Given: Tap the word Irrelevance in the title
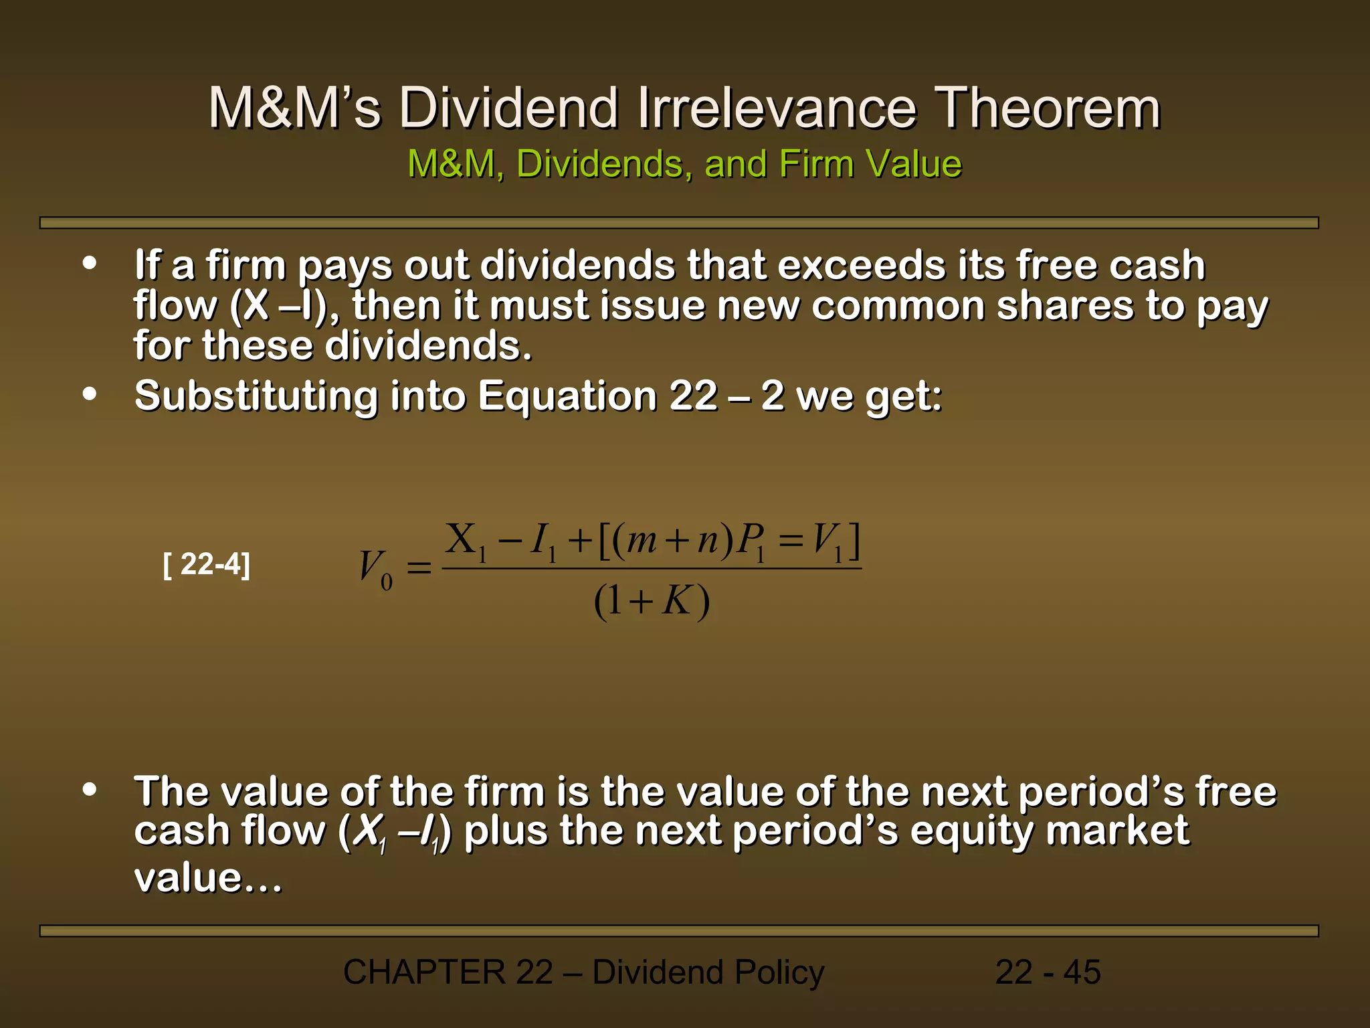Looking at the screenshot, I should tap(776, 108).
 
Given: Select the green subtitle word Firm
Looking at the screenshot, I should tap(815, 164).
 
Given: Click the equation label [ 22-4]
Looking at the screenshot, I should tap(207, 565).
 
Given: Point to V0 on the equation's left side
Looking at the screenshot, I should tap(375, 569).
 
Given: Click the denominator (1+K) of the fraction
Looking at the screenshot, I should tap(652, 602).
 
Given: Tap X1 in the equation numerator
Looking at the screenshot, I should tap(466, 541).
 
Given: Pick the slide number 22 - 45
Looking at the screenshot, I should tap(1048, 972).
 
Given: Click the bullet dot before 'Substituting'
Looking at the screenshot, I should tap(90, 394).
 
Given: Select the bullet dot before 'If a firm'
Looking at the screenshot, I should tap(90, 263).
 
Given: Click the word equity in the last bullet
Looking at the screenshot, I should tap(971, 832).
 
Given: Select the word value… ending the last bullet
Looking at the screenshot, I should tap(208, 878).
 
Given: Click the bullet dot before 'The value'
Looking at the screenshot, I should tap(90, 790).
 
